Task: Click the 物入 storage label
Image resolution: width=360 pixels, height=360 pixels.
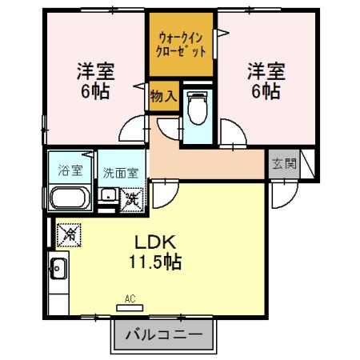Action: click(162, 96)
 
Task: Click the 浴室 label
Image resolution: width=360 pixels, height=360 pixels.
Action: click(70, 170)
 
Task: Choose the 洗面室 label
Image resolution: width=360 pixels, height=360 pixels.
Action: click(120, 171)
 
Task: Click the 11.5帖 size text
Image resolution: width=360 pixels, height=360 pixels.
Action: click(154, 262)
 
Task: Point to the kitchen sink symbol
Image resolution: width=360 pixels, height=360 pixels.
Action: click(58, 269)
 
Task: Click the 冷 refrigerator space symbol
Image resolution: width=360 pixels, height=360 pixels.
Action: click(70, 234)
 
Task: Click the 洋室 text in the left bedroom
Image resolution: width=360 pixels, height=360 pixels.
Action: click(95, 70)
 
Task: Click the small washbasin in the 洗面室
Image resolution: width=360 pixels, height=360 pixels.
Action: click(106, 195)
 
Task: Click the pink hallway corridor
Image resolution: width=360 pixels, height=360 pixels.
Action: click(208, 163)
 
